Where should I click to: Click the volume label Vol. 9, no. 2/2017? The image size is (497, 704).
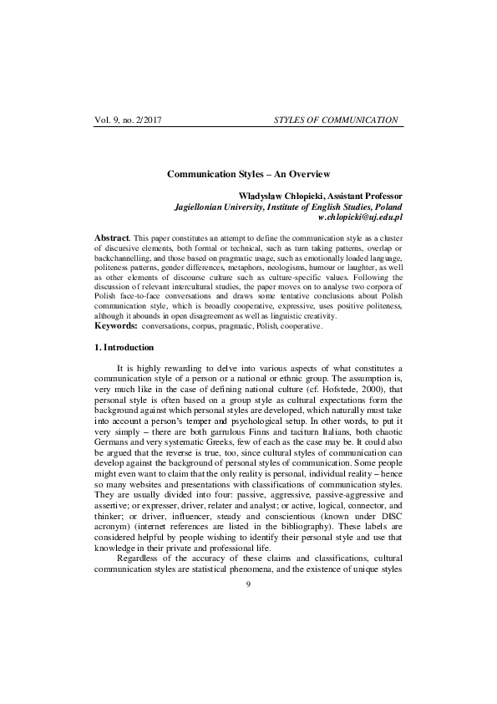[x=129, y=120]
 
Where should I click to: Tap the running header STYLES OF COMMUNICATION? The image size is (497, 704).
[x=336, y=120]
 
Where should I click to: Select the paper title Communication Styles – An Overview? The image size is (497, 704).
[x=248, y=174]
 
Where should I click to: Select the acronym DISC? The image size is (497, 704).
[x=387, y=518]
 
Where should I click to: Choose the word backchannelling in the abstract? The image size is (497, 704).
[x=123, y=261]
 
